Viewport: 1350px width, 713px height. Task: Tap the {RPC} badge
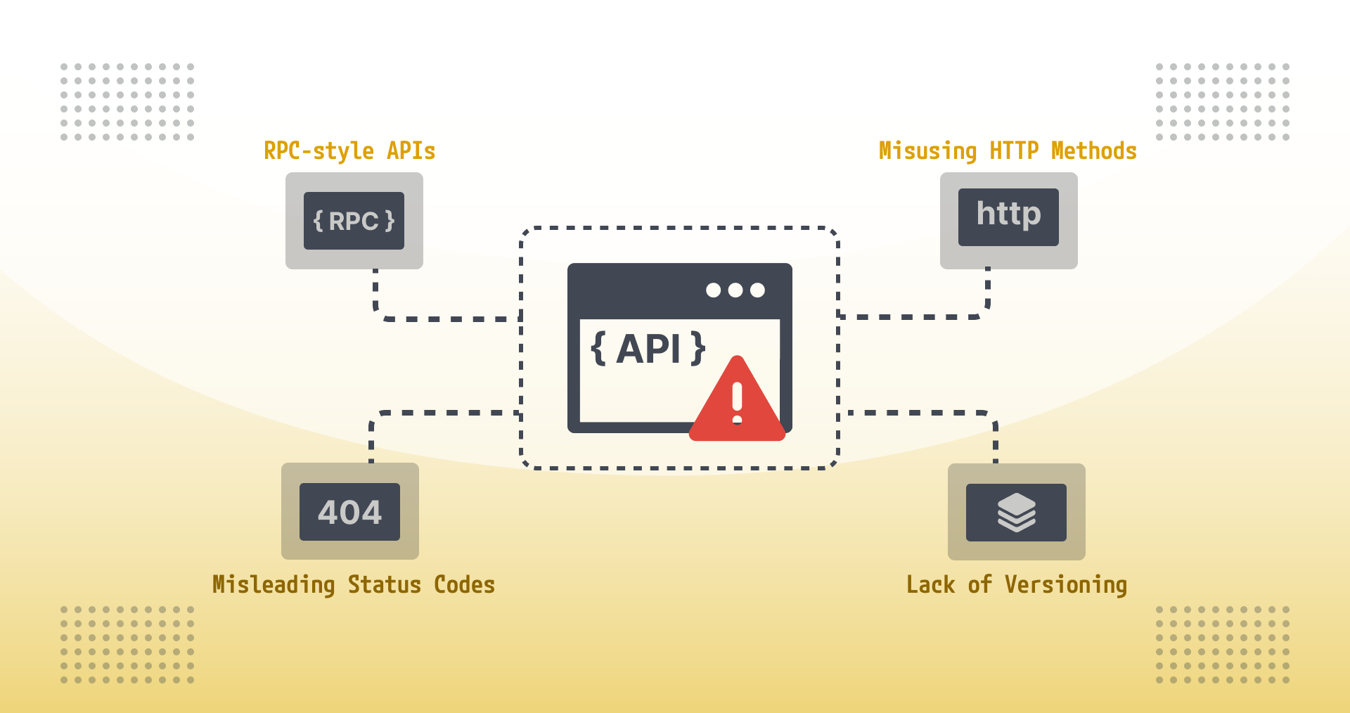(354, 221)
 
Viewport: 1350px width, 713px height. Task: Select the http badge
(1008, 217)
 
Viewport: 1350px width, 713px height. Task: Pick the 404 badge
(349, 512)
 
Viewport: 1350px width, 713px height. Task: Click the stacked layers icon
(1016, 513)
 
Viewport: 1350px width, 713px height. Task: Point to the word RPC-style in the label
(319, 151)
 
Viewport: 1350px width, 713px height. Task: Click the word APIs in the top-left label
(411, 151)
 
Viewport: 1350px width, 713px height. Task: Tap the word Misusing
(927, 151)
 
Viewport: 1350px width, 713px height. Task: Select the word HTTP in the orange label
(1014, 151)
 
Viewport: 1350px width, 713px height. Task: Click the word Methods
(1094, 151)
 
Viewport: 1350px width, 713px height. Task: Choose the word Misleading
(274, 585)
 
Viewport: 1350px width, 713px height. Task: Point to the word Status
(385, 585)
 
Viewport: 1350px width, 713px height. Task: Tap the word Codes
(464, 585)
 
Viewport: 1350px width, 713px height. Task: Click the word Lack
(930, 585)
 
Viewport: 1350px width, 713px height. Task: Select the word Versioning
(1066, 585)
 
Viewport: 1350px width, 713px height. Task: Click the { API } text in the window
(648, 349)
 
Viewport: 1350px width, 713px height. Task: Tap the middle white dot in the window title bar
(735, 290)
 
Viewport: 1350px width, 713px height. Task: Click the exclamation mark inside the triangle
(737, 402)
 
